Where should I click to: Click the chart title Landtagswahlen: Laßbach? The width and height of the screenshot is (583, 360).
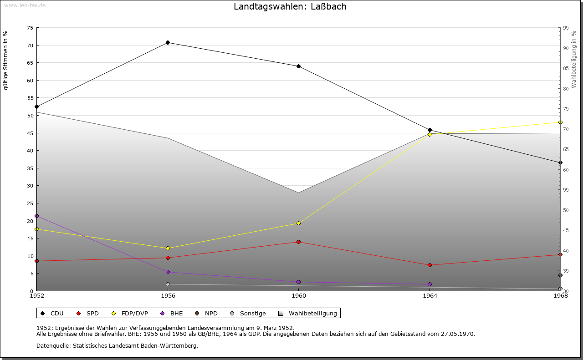click(290, 6)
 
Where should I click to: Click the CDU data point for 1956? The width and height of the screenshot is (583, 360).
click(168, 42)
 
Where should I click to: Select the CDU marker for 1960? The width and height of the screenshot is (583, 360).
click(298, 66)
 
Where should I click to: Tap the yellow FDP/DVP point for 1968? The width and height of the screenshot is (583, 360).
click(560, 122)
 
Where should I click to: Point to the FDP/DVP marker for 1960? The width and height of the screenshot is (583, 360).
click(298, 223)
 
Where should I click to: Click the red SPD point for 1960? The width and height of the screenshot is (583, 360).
click(298, 242)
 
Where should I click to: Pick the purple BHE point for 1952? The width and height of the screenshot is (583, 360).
click(37, 216)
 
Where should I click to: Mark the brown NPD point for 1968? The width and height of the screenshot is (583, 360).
click(560, 275)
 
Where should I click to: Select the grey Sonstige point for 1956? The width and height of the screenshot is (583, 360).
click(168, 284)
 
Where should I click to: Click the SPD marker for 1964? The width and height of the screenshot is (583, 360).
click(430, 265)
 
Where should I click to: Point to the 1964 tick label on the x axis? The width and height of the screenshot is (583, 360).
click(430, 296)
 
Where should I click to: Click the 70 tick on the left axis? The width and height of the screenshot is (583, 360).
click(30, 46)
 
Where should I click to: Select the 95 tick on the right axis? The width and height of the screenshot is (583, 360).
click(566, 28)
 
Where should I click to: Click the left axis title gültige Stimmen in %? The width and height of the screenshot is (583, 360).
click(6, 60)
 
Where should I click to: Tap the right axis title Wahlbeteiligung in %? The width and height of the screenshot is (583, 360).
click(574, 59)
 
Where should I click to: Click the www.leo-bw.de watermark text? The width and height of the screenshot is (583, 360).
click(24, 5)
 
